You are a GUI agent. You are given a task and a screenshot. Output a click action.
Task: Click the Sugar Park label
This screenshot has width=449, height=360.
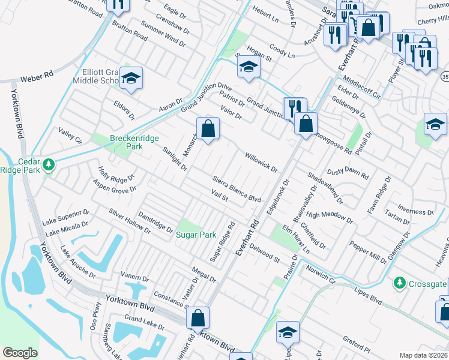195,235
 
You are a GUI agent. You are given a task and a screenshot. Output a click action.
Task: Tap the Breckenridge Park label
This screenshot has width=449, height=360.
134,138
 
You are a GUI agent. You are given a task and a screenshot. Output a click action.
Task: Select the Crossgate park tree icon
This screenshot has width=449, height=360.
399,282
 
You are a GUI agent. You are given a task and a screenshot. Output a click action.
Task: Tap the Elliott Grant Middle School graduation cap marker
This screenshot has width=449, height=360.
130,78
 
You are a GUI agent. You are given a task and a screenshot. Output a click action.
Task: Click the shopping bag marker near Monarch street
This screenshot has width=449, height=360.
208,128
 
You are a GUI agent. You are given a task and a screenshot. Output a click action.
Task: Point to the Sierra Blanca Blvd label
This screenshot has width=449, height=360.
238,189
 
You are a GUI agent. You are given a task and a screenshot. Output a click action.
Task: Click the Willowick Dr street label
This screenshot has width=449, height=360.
261,161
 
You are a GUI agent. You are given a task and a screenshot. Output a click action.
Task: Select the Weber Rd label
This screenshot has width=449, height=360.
37,78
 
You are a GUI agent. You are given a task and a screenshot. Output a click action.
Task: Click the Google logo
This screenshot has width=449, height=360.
19,353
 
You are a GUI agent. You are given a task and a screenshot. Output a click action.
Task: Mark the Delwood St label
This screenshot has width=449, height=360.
264,253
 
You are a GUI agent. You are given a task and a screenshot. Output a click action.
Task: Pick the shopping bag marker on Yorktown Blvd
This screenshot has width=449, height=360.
198,318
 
